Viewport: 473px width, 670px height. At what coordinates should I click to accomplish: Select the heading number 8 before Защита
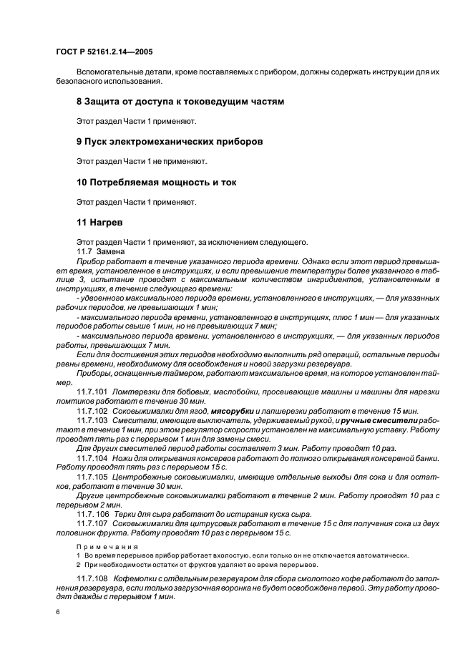(x=79, y=102)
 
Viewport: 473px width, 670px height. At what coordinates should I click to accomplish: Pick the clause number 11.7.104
(x=92, y=457)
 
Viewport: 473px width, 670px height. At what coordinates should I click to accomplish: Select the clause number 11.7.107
(x=92, y=523)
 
